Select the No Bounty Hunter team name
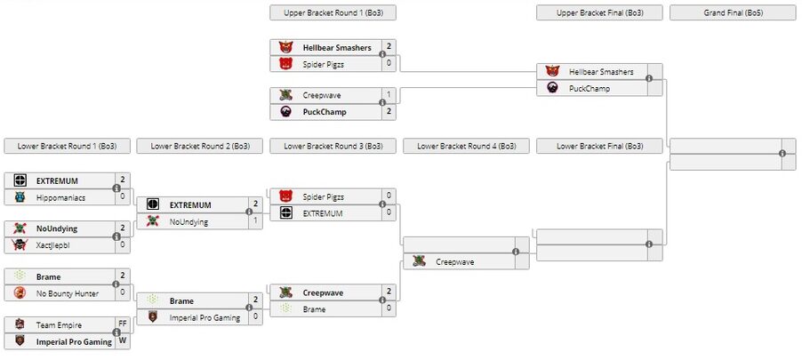click(x=68, y=293)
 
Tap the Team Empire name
click(x=58, y=325)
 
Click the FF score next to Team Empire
click(x=123, y=324)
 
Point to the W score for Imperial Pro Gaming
click(x=123, y=341)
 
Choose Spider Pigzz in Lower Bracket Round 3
click(x=323, y=196)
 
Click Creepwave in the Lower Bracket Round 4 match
click(x=456, y=261)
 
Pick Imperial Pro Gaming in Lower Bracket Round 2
click(x=205, y=317)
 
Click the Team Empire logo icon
click(x=19, y=325)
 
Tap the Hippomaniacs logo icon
click(x=19, y=197)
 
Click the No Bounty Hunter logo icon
click(x=19, y=293)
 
